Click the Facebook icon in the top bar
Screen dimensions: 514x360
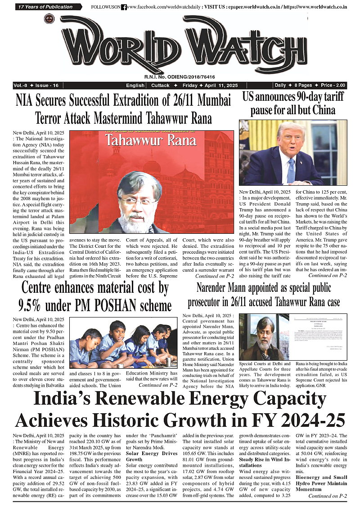tap(124, 7)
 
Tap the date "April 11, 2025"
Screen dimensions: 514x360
tap(223, 85)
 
